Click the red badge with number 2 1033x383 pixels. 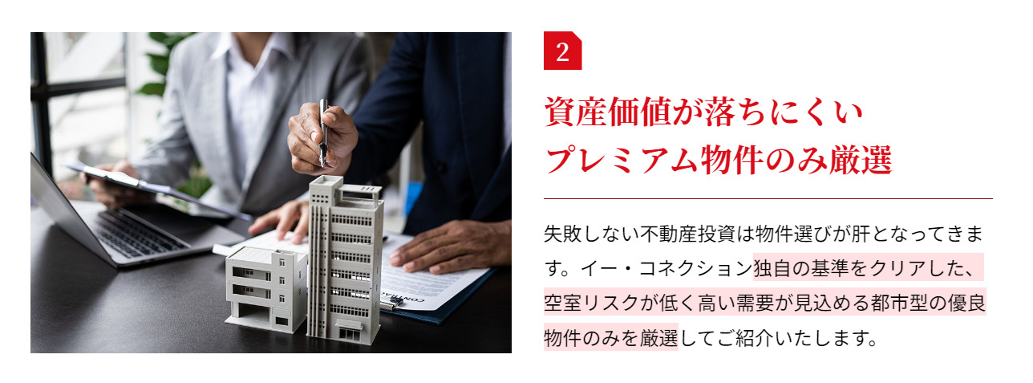pyautogui.click(x=562, y=52)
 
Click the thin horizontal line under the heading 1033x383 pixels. pyautogui.click(x=768, y=198)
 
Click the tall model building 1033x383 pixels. pyautogui.click(x=345, y=257)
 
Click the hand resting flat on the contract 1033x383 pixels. pyautogui.click(x=449, y=245)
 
